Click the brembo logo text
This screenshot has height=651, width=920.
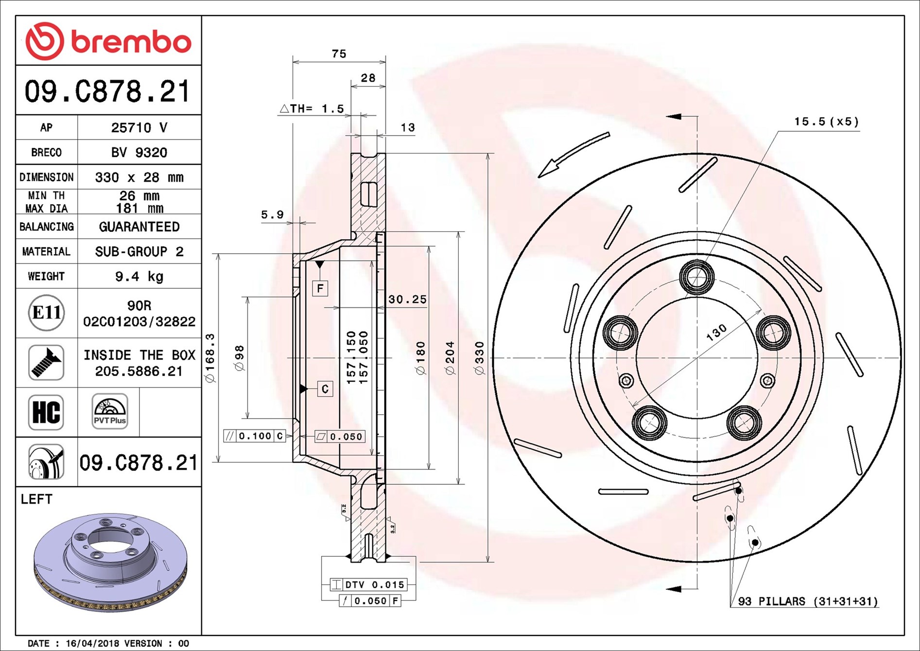point(131,42)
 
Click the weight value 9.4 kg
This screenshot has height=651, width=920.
point(139,277)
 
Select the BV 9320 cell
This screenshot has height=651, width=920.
point(139,153)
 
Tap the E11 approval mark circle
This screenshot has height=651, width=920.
point(46,313)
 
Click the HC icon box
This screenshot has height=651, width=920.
point(46,412)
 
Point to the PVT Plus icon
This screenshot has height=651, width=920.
point(110,411)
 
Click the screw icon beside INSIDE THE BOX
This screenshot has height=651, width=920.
point(46,363)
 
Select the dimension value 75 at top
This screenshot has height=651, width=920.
point(339,54)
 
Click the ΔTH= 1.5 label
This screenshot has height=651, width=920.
point(312,109)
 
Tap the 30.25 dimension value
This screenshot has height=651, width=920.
point(407,299)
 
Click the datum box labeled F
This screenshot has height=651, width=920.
point(320,288)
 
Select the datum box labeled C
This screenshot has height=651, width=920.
point(325,389)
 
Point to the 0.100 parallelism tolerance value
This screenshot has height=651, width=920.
point(255,436)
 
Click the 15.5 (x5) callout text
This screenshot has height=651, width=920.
point(826,122)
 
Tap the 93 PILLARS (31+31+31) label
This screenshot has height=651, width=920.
point(808,601)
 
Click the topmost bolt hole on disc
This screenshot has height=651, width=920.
point(697,277)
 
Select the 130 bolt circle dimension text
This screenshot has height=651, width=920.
point(716,332)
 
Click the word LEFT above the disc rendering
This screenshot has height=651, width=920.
point(36,499)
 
